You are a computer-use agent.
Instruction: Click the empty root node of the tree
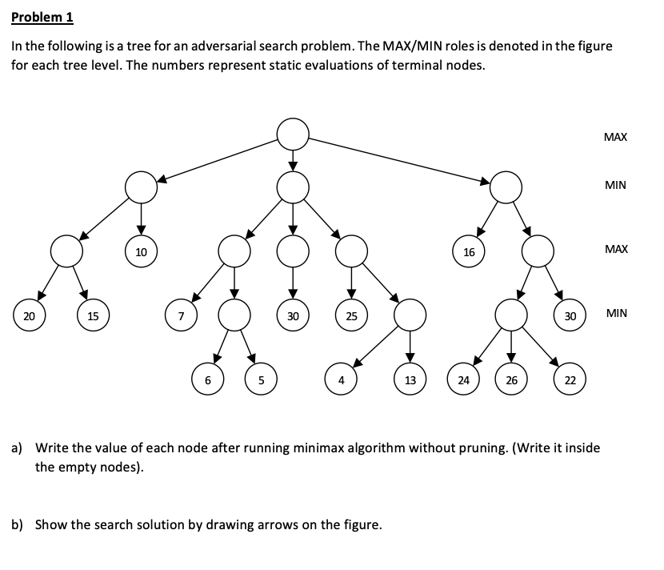(x=293, y=132)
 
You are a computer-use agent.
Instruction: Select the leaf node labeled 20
(x=29, y=316)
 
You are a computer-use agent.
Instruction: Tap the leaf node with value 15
(x=93, y=316)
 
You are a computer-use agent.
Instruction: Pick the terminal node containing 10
(x=141, y=252)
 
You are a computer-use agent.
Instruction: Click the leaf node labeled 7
(x=181, y=316)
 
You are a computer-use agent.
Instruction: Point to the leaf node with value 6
(x=208, y=380)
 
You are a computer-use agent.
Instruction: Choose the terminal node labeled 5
(x=261, y=380)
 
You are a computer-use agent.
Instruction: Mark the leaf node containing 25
(x=350, y=316)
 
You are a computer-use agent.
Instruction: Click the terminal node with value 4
(x=341, y=380)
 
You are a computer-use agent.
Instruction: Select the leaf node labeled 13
(x=410, y=380)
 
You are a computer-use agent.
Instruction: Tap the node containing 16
(x=469, y=252)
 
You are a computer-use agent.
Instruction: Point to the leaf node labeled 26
(x=511, y=380)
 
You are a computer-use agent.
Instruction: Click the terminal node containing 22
(x=570, y=380)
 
